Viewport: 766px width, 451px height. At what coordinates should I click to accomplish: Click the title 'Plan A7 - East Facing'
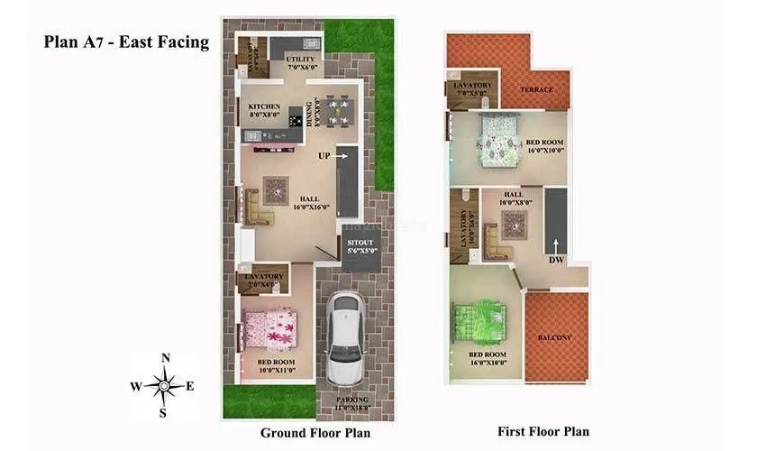[x=126, y=42]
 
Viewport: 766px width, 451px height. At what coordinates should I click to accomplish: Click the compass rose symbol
[x=165, y=386]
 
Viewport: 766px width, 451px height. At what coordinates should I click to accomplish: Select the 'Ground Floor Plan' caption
[x=314, y=433]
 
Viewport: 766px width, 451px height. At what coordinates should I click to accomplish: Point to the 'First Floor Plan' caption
[x=543, y=431]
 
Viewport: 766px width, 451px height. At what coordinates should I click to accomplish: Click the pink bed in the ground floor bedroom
[x=269, y=327]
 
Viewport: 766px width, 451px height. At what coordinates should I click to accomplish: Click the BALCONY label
[x=554, y=337]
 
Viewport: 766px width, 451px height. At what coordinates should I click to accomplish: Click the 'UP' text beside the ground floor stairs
[x=323, y=156]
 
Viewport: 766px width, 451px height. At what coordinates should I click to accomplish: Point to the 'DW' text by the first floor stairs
[x=556, y=260]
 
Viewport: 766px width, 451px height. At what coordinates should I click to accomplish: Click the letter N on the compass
[x=165, y=357]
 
